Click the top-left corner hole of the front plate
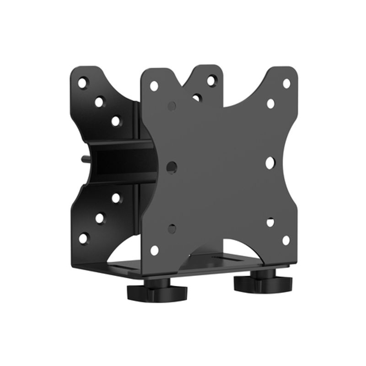point(154,86)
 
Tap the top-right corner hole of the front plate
point(286,83)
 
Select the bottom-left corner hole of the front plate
point(155,250)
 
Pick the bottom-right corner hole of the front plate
point(286,240)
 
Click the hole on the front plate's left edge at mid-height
point(171,167)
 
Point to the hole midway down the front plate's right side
point(270,162)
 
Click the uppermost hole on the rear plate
point(82,83)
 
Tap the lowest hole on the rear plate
point(83,238)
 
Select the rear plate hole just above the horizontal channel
point(115,121)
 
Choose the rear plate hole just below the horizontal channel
point(116,198)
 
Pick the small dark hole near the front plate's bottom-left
point(172,228)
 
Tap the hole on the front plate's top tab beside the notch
point(211,81)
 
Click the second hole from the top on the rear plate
point(99,102)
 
